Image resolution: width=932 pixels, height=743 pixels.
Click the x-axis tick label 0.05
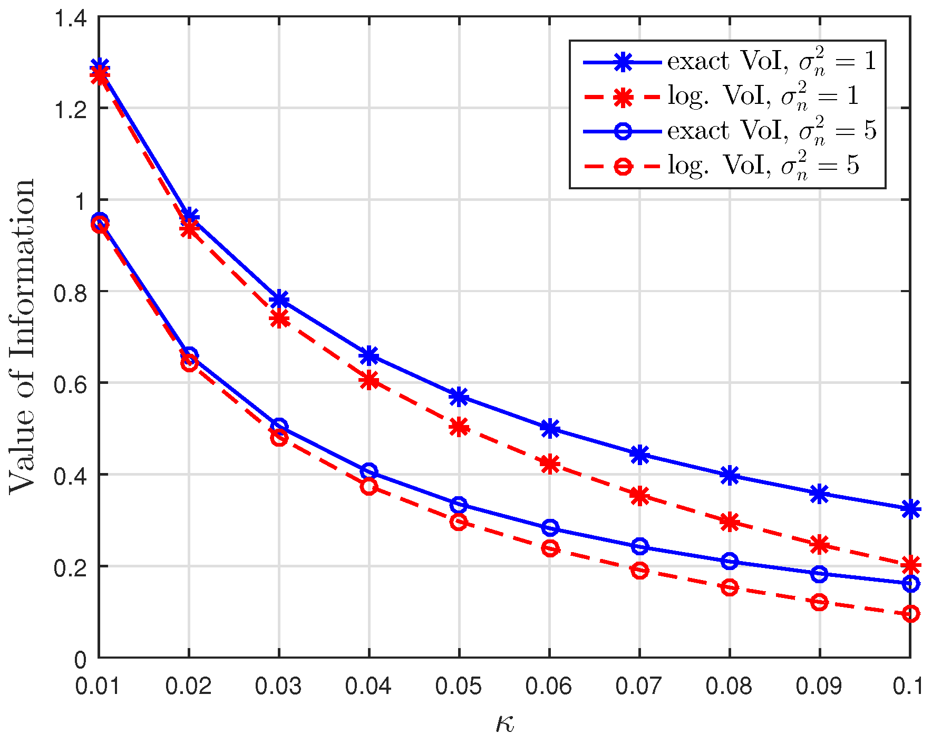coord(459,686)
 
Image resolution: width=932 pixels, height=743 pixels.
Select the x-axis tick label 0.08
coord(729,686)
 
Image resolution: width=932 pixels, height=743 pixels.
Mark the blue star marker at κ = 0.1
coord(910,509)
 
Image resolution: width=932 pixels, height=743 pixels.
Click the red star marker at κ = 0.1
coord(910,565)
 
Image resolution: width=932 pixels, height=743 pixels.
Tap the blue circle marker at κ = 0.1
coord(910,583)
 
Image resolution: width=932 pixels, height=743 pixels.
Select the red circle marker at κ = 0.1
coord(910,614)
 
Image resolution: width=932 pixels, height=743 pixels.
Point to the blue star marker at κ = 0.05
coord(459,397)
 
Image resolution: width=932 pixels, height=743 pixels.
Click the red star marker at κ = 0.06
coord(549,465)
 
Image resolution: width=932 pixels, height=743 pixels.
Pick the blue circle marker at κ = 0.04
coord(369,471)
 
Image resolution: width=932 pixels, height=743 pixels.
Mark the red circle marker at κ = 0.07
coord(639,571)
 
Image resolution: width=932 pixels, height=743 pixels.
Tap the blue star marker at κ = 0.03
coord(279,300)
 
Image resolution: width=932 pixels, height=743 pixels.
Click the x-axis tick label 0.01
coord(99,686)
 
